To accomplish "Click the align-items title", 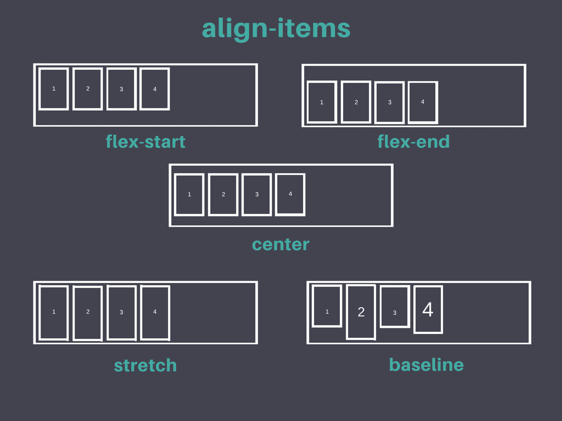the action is [276, 29].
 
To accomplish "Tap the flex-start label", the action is [145, 142].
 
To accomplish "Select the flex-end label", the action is [413, 142].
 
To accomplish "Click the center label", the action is [280, 244].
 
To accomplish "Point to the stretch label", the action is [145, 366].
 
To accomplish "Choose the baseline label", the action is [426, 365].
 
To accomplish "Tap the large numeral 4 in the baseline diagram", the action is [428, 310].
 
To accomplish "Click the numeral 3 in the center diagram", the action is [257, 195].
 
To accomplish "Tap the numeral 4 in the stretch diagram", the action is [155, 312].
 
